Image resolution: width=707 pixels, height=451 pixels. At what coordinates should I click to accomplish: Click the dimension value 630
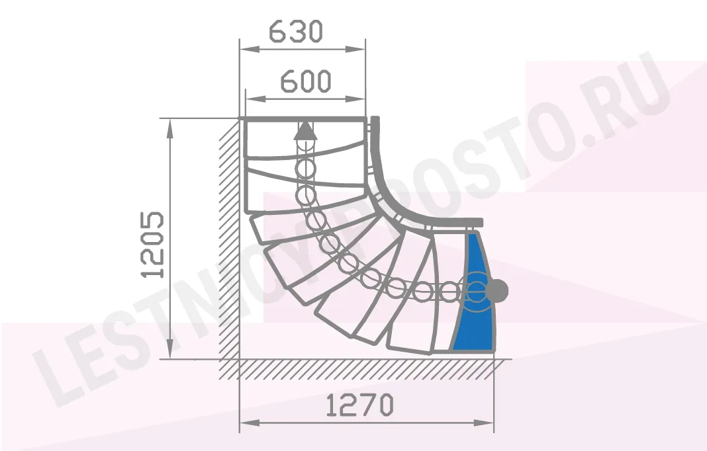[296, 32]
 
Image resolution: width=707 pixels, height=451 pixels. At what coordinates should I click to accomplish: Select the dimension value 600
[306, 81]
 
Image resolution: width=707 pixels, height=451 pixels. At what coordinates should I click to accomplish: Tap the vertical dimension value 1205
[152, 244]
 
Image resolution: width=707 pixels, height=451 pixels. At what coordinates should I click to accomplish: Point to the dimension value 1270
[359, 405]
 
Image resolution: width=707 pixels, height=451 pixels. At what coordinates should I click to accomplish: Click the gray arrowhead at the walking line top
[306, 130]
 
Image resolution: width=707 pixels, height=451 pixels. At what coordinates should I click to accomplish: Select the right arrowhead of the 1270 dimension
[484, 423]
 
